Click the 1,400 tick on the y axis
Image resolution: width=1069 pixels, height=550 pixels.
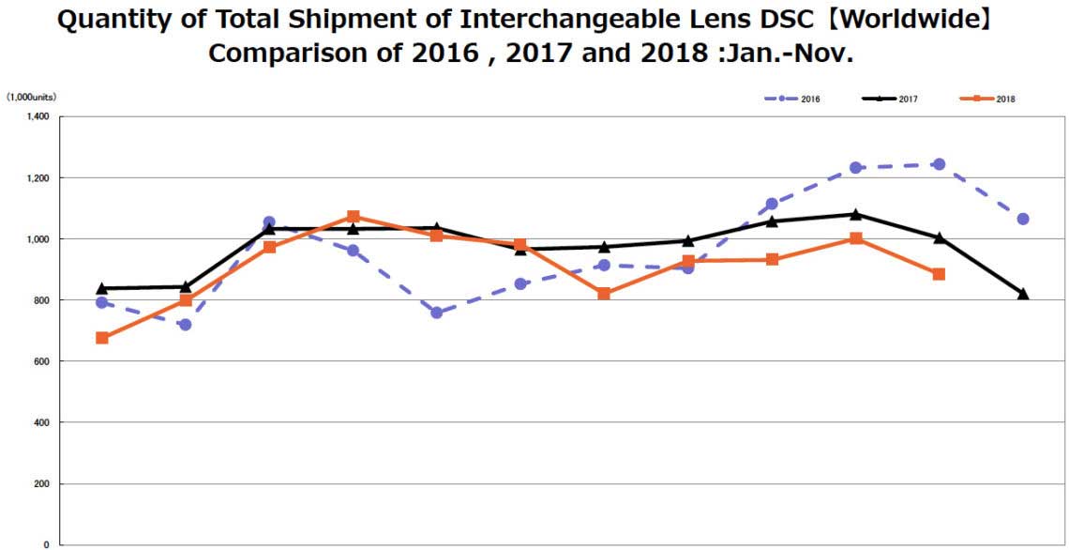(37, 116)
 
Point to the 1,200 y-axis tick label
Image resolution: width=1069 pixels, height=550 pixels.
(37, 177)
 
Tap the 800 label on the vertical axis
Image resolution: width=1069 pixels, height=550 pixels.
(42, 300)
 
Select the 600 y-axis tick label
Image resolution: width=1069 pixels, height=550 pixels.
(42, 361)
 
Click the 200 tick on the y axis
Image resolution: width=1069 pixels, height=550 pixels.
(42, 483)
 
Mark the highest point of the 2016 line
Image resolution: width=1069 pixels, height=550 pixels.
(939, 164)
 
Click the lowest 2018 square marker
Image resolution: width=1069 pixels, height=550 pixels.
(102, 338)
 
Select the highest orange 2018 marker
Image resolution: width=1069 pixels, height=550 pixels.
(354, 217)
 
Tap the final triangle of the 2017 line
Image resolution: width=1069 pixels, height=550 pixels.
(1022, 295)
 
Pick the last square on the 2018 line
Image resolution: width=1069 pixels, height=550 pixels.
(939, 274)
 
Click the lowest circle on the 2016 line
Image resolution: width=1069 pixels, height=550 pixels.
(186, 325)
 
